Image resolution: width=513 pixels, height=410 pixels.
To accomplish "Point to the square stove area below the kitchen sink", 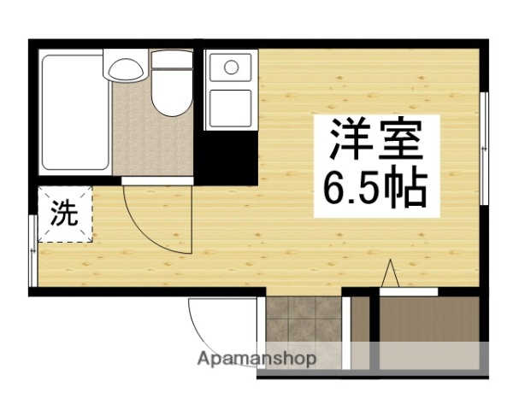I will (230, 106).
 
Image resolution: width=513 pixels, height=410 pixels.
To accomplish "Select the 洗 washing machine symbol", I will (63, 214).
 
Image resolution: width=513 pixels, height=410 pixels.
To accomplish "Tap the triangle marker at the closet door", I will (390, 275).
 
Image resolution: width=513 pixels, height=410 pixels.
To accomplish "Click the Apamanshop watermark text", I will (256, 359).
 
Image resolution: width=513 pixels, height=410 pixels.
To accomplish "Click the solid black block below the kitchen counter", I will (227, 158).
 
